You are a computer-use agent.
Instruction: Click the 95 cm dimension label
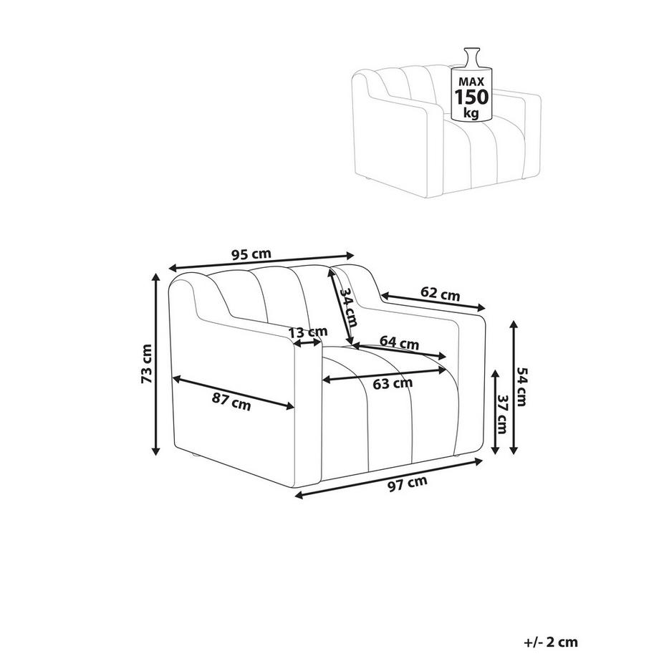point(251,254)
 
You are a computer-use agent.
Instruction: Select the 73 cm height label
point(146,364)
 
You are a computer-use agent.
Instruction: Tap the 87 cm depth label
point(231,403)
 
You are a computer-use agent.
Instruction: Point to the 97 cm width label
point(408,484)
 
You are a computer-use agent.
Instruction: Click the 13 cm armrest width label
point(307,332)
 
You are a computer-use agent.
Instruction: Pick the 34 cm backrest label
point(348,307)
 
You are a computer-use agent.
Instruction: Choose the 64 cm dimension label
point(399,342)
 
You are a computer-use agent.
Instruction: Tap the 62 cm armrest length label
point(440,294)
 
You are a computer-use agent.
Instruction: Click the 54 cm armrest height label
point(521,387)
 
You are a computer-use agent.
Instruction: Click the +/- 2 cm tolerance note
point(551,643)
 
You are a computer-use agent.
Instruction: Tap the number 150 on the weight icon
point(472,97)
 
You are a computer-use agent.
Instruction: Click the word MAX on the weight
point(471,82)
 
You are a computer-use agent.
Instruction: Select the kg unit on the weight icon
point(471,112)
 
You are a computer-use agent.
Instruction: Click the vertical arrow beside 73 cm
point(156,365)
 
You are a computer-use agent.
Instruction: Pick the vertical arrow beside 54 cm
point(513,387)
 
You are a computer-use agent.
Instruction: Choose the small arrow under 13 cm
point(307,343)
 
